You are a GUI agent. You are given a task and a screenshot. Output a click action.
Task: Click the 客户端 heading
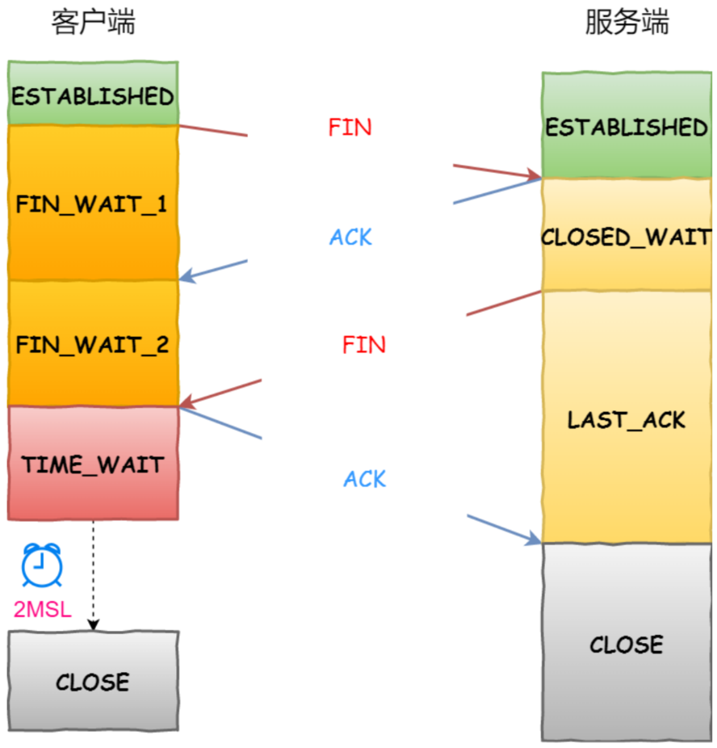tap(93, 23)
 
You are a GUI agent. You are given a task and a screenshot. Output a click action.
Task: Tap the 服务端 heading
tap(627, 23)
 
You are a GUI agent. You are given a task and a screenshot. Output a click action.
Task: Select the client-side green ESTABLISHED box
tap(93, 95)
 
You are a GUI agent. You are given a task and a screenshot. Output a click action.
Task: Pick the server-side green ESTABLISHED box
tap(627, 126)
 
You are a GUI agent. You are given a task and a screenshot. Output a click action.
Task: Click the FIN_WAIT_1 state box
tap(93, 203)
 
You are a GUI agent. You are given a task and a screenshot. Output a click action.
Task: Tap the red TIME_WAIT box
tap(93, 464)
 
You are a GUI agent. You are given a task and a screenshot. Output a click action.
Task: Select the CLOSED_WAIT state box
tap(627, 237)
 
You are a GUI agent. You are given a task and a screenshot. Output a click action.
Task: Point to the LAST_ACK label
tap(627, 419)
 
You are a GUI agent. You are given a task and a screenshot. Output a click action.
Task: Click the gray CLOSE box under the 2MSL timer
tap(93, 681)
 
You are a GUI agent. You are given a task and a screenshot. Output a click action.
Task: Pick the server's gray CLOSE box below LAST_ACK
tap(627, 644)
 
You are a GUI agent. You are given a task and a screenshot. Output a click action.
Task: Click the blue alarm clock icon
tap(42, 565)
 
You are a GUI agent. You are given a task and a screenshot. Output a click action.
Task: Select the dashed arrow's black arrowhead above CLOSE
tap(94, 624)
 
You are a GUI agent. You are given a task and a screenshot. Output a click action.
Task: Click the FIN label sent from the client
tap(350, 128)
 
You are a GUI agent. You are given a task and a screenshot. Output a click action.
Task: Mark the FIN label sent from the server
tap(363, 345)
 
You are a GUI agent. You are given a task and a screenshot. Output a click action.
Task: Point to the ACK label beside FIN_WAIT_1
tap(350, 237)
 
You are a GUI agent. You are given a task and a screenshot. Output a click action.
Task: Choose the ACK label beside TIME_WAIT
tap(364, 478)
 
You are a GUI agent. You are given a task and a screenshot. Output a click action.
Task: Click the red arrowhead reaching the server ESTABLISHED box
tap(534, 175)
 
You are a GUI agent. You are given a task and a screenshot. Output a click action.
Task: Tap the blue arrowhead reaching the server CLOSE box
tap(534, 538)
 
